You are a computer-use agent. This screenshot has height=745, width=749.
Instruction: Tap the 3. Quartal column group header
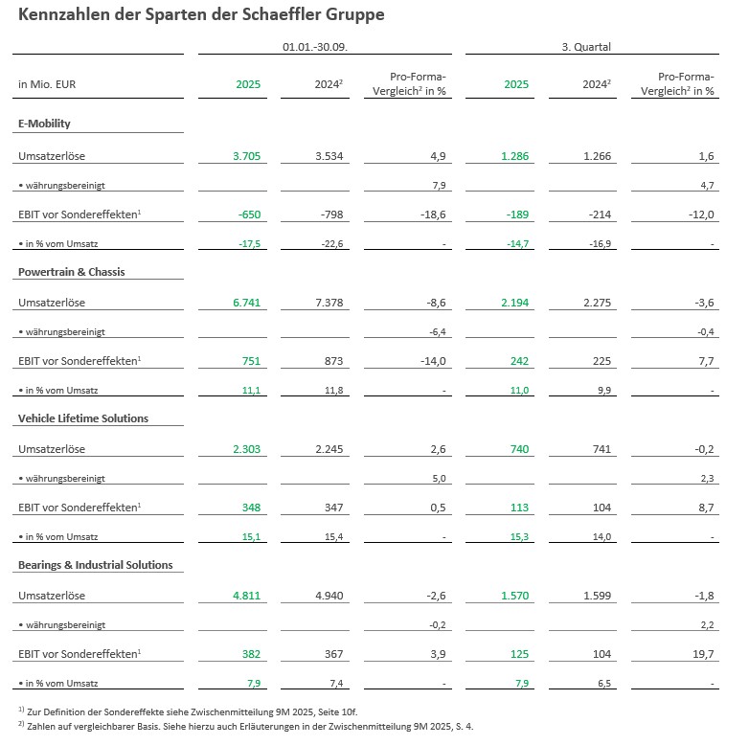click(x=586, y=46)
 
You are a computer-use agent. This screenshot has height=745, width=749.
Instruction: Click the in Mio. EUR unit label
click(x=47, y=84)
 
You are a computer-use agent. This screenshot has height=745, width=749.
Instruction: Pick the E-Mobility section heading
click(x=44, y=124)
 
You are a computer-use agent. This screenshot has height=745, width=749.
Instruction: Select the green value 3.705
click(x=247, y=155)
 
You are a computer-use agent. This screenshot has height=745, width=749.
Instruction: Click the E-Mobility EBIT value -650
click(x=250, y=214)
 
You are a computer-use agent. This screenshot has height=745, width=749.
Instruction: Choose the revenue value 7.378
click(x=328, y=303)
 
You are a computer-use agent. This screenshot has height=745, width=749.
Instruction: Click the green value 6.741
click(x=247, y=303)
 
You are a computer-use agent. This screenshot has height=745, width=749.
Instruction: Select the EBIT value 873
click(x=332, y=361)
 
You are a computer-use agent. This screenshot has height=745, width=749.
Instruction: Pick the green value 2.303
click(x=247, y=449)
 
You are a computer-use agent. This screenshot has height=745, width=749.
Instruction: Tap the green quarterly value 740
click(x=519, y=449)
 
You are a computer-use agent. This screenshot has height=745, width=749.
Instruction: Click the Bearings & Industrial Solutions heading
click(x=96, y=565)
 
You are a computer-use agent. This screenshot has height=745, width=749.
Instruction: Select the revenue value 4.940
click(x=328, y=596)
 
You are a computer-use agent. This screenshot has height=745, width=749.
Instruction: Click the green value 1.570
click(x=515, y=596)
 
